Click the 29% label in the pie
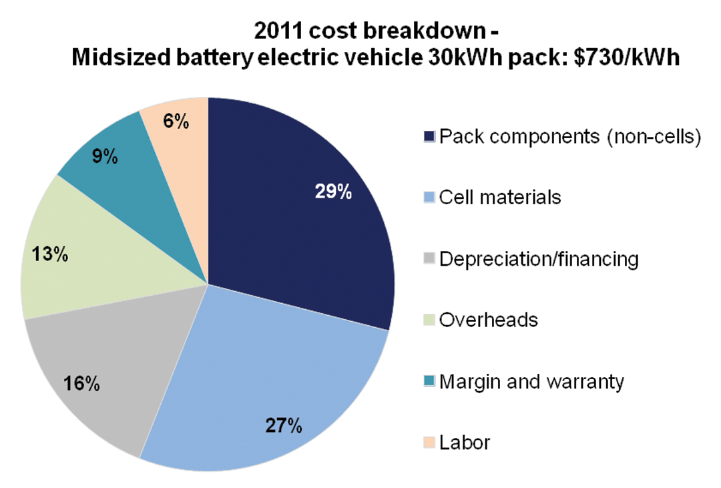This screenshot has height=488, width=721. (x=333, y=192)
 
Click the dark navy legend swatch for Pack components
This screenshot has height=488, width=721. (x=429, y=137)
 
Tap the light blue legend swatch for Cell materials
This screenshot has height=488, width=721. (x=429, y=198)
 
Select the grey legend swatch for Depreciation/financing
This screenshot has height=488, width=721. (x=429, y=259)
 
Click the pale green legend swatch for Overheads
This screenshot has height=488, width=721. (x=429, y=320)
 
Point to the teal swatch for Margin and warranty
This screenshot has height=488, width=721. (x=429, y=381)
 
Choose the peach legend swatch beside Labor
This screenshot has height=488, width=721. (x=429, y=442)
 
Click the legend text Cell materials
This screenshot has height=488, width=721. (x=500, y=198)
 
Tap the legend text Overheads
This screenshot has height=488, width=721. (x=489, y=320)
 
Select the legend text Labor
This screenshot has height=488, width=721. (x=465, y=442)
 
